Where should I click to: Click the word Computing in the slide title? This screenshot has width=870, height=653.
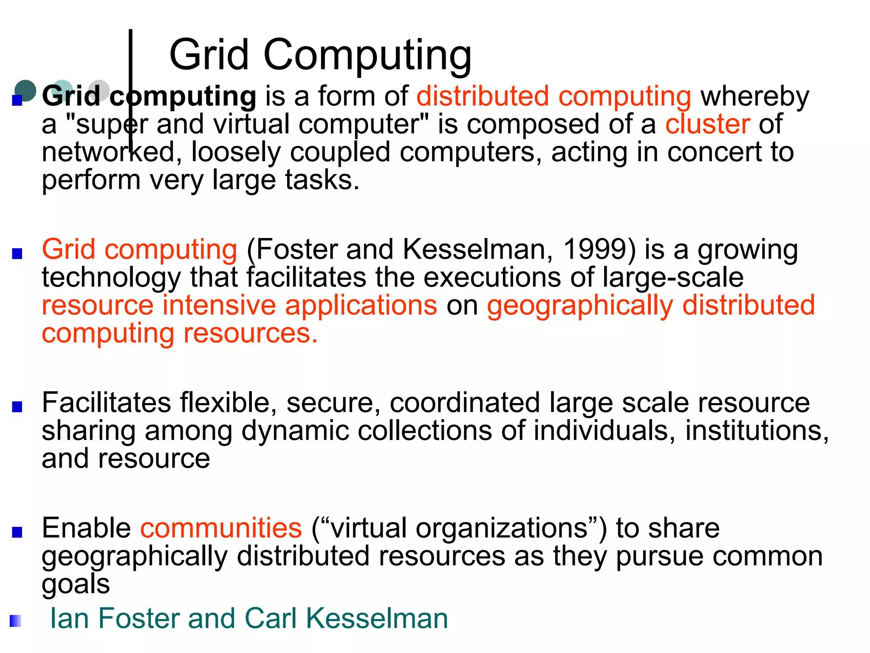367,55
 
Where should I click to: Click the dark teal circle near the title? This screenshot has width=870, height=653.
25,91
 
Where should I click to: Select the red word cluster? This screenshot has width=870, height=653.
707,124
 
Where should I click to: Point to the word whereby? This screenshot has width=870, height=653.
755,97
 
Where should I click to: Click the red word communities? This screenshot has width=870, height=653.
221,528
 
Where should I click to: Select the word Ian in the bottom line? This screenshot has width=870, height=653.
70,618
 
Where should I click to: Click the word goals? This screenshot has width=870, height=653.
76,585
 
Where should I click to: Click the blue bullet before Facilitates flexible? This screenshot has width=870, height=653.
17,407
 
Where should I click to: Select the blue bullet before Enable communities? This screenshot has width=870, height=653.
17,532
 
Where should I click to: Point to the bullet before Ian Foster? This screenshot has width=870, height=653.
16,621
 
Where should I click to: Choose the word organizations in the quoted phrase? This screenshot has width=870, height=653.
502,528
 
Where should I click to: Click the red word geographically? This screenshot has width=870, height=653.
580,306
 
